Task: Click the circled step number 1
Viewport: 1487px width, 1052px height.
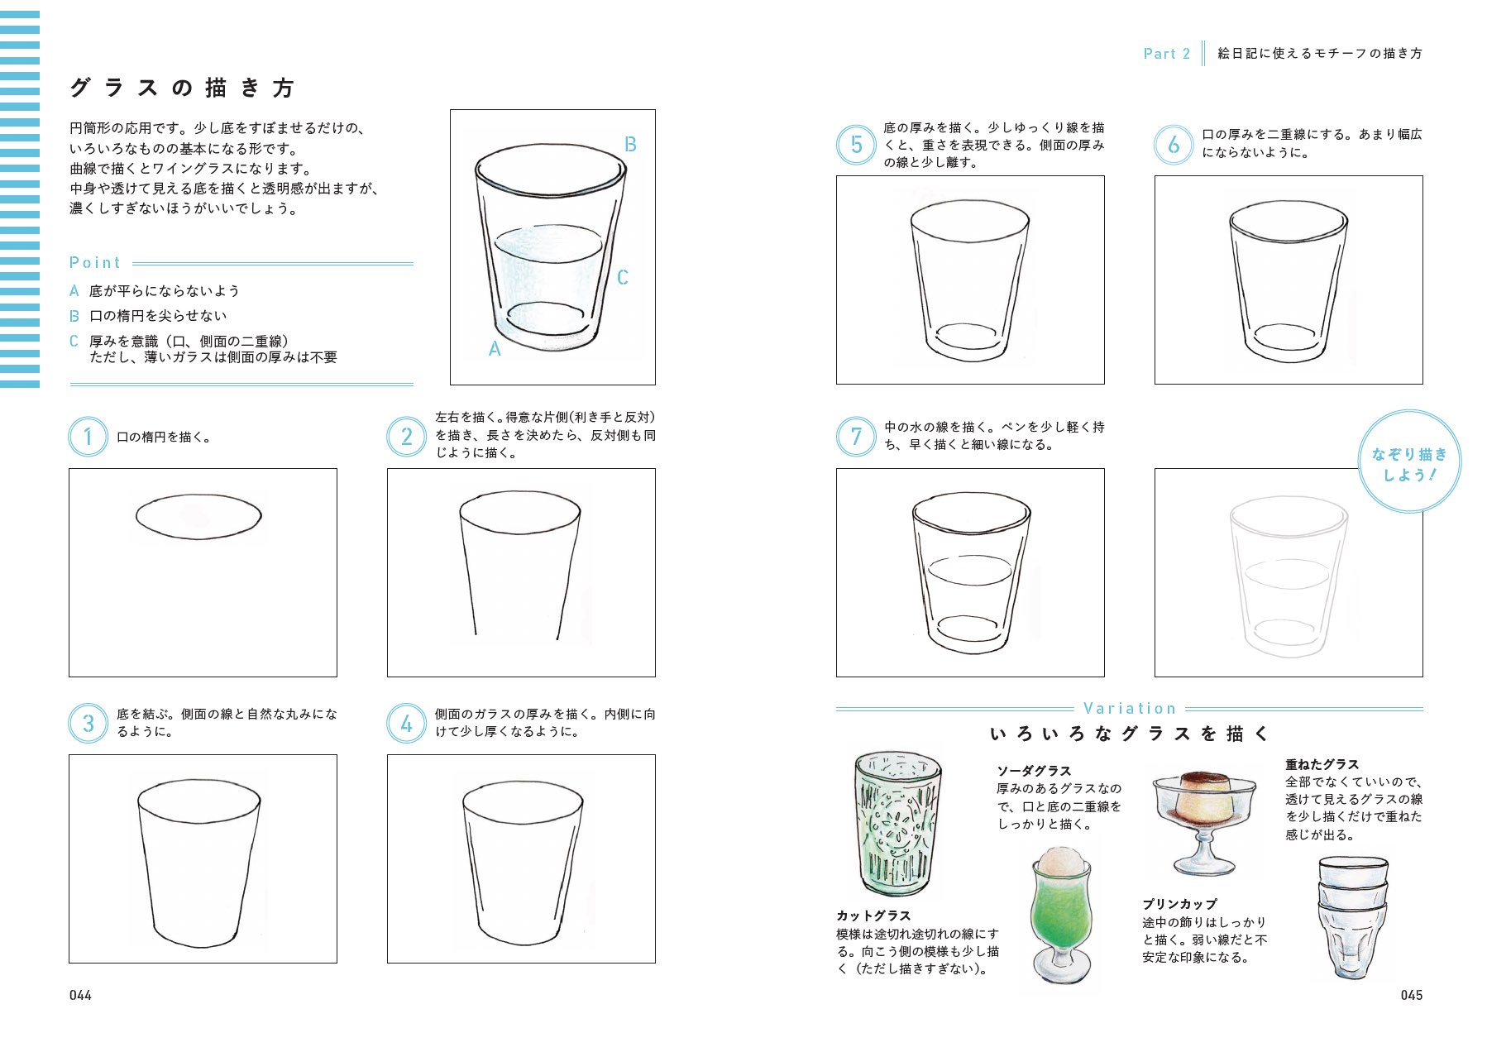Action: [88, 437]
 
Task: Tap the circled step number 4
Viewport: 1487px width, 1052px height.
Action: [406, 724]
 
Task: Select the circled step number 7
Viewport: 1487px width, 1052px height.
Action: [856, 437]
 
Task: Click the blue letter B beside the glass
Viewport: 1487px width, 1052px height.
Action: [630, 145]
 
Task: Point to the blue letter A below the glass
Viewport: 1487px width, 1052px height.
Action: [495, 350]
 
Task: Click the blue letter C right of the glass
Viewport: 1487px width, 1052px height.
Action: [623, 278]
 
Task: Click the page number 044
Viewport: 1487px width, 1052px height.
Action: [80, 995]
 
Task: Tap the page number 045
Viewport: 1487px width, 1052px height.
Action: [1411, 995]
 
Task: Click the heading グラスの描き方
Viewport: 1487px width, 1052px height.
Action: [182, 88]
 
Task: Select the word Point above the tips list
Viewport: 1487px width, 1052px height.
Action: [95, 263]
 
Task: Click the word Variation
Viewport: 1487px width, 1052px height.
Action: [1129, 709]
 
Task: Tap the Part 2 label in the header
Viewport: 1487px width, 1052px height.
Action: [1166, 54]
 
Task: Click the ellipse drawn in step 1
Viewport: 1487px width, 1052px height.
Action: [198, 516]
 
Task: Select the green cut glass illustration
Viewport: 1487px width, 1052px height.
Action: [897, 823]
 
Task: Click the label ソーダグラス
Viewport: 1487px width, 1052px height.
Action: [1034, 771]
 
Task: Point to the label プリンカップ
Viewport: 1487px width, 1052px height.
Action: [1179, 904]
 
